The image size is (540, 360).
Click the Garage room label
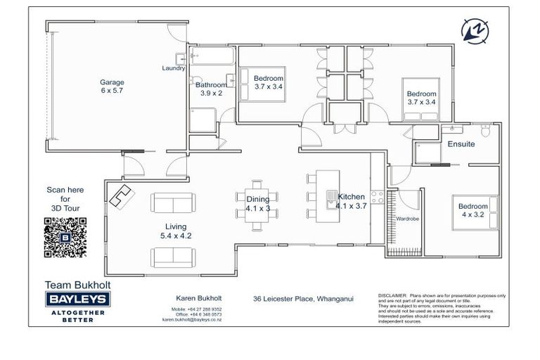pos(112,86)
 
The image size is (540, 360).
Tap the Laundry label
pos(173,68)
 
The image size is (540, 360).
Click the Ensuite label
pos(461,144)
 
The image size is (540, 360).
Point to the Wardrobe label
pos(408,219)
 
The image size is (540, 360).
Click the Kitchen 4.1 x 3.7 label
pos(351,201)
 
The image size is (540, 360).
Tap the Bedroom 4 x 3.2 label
pos(472,210)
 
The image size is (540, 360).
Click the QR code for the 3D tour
pos(65,238)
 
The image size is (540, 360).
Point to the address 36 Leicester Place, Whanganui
pos(303,298)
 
